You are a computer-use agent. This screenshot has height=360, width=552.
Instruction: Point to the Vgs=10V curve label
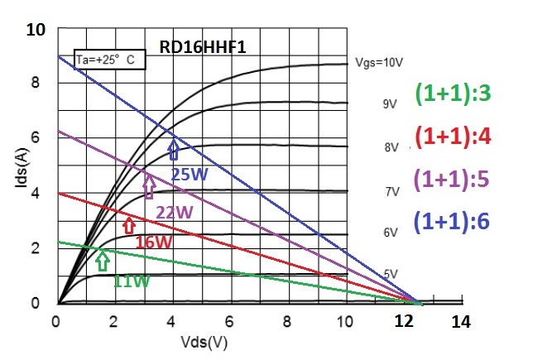click(379, 63)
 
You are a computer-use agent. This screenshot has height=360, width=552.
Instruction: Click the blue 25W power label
click(190, 175)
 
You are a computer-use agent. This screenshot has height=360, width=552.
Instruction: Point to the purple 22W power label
click(175, 213)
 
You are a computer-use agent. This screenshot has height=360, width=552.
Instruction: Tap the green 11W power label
click(130, 281)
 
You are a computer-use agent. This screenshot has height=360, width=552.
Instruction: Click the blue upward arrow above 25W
click(174, 150)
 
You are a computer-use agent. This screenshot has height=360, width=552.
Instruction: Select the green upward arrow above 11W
click(102, 262)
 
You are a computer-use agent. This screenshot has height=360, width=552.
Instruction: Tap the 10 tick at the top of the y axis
click(36, 31)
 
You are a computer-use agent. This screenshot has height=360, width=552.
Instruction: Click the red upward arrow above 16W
click(128, 223)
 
